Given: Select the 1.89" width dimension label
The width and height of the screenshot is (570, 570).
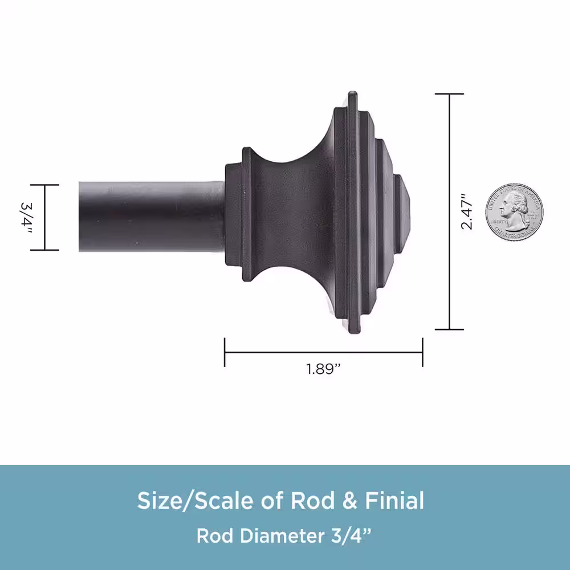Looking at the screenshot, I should [x=323, y=369].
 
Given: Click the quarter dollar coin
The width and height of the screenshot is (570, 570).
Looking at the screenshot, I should [x=515, y=210].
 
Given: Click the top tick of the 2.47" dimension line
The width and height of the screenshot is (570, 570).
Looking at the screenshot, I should [x=449, y=93].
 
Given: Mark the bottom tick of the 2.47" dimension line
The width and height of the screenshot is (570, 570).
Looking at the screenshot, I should [x=449, y=329].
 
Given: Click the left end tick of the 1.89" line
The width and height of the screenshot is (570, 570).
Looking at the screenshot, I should [x=225, y=352].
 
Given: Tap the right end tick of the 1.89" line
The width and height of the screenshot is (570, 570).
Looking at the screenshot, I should [x=422, y=352].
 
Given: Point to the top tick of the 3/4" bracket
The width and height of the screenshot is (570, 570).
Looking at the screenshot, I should [x=45, y=185].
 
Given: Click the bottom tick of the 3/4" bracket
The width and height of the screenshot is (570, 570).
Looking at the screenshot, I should [x=45, y=250].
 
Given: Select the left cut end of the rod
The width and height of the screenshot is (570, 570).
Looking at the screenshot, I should [x=80, y=217].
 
